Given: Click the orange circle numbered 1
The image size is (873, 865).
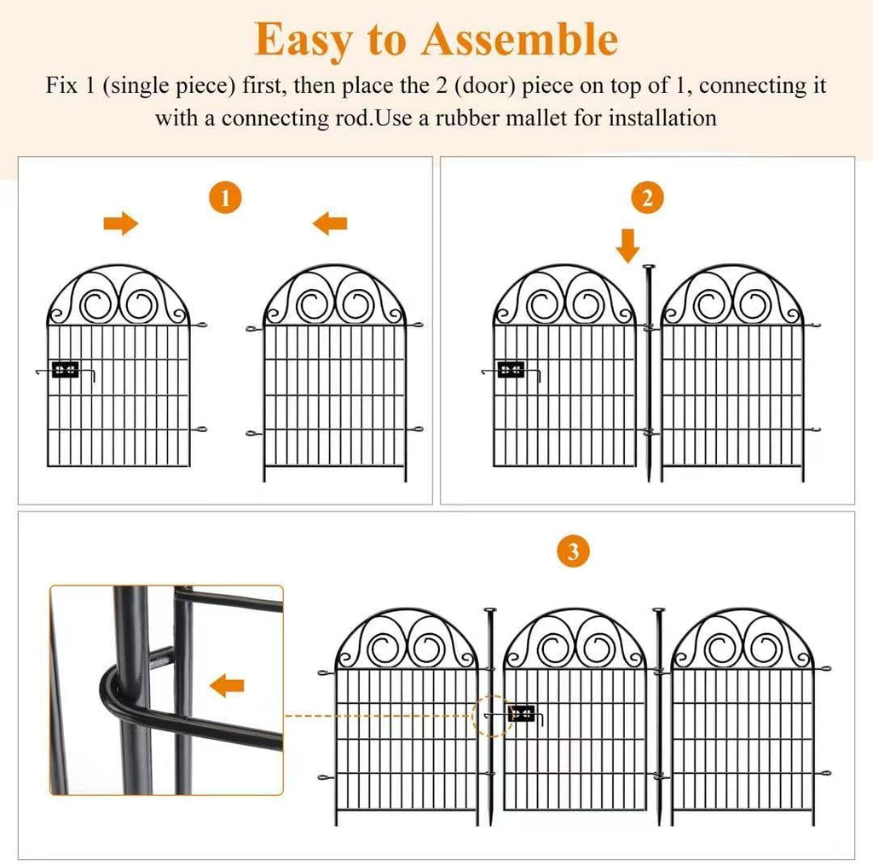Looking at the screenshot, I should point(225,199).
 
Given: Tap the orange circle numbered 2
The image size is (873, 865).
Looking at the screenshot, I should point(647,199).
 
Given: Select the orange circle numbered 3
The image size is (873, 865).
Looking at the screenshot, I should point(573,551).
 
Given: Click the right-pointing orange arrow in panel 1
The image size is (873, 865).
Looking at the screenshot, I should point(121,224).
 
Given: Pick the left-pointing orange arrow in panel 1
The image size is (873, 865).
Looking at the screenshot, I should point(329,224).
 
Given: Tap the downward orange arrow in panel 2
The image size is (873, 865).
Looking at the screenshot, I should point(628,244).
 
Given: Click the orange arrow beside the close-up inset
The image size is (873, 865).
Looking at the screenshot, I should point(227,683).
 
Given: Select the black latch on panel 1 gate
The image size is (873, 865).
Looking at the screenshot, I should point(65,371).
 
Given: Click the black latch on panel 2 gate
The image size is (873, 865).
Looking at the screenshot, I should point(511,370).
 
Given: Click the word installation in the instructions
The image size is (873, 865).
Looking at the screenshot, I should point(662,118).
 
